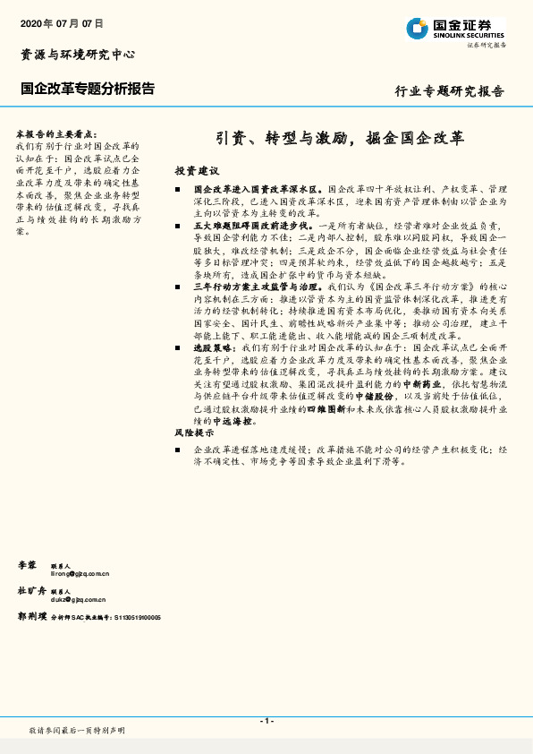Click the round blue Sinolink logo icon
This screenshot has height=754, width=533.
tap(416, 29)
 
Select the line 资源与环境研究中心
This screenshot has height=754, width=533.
tap(78, 55)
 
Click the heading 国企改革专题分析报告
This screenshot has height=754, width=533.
tap(87, 89)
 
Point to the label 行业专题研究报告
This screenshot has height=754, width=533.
tap(450, 90)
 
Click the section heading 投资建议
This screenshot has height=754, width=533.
tap(196, 170)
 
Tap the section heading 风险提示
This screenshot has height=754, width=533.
tap(196, 433)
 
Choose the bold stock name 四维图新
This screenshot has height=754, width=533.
tap(326, 407)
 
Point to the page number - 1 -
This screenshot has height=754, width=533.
tap(266, 721)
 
